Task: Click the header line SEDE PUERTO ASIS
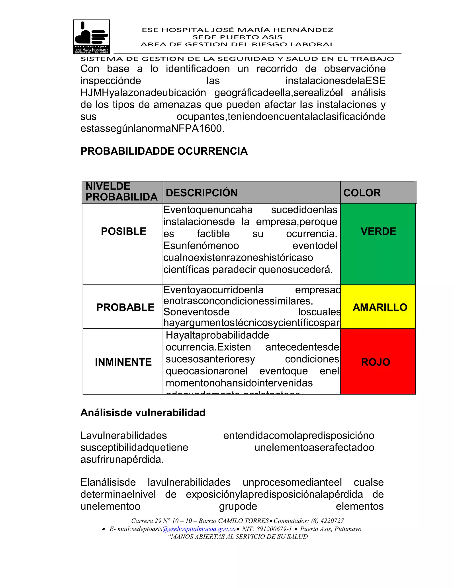pos(237,37)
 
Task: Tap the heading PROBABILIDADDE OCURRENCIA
pos(164,151)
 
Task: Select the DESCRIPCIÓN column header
pos(202,193)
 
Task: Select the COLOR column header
pos(362,193)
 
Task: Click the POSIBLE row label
pos(123,231)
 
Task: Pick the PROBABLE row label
pos(125,307)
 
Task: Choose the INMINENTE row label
pos(123,362)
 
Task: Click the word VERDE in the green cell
pos(378,231)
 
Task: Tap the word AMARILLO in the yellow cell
pos(380,307)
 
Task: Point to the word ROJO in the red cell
pos(376,362)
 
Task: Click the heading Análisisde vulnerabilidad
pos(143,413)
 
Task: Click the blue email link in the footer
pos(199,529)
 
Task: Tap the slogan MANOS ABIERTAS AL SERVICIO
pos(238,537)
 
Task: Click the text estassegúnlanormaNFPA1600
pos(152,128)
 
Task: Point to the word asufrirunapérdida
pos(122,459)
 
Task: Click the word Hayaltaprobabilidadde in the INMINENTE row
pos(217,335)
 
